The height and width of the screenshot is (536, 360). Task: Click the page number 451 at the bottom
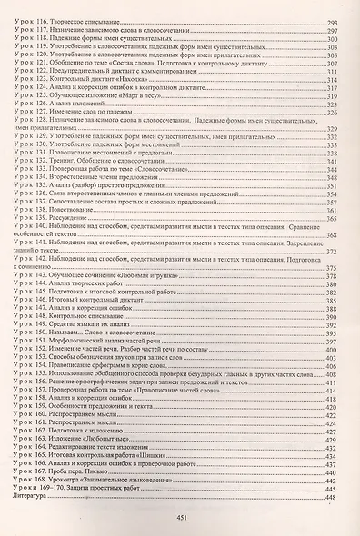(x=180, y=519)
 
